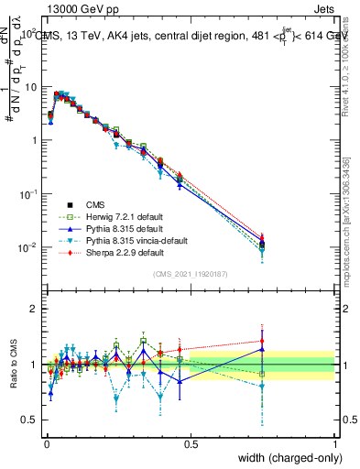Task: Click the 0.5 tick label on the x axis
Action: pyautogui.click(x=191, y=444)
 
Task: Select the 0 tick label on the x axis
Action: pyautogui.click(x=47, y=444)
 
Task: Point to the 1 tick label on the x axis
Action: pyautogui.click(x=335, y=444)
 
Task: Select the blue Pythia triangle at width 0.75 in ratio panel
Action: pyautogui.click(x=263, y=349)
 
